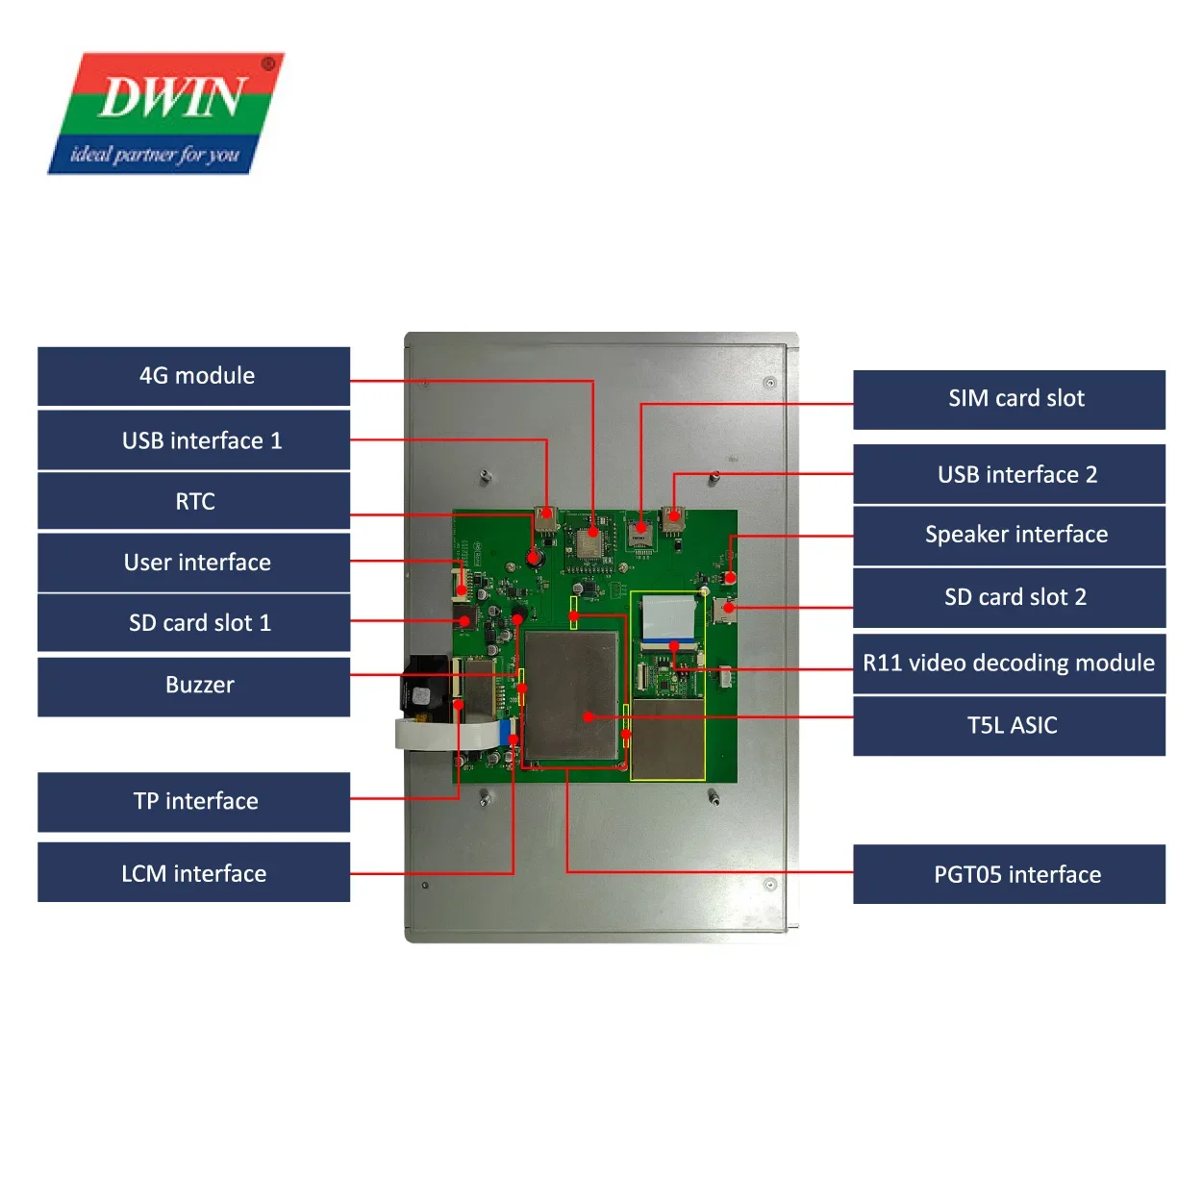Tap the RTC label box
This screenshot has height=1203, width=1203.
pos(194,501)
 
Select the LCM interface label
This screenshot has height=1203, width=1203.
pos(194,873)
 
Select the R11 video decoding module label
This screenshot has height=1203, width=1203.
pos(1009,663)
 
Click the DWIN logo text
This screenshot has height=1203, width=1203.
pos(171,98)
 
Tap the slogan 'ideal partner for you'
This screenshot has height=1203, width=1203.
pos(154,155)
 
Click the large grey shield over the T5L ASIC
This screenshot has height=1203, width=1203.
pos(570,694)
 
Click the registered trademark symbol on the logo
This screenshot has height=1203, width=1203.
pos(268,64)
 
